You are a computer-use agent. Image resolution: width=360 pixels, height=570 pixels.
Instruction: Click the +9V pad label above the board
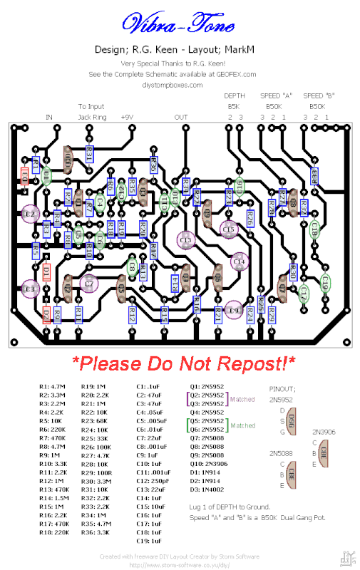click(x=128, y=117)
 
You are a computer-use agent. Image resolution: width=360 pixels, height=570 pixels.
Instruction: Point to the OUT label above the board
click(x=181, y=117)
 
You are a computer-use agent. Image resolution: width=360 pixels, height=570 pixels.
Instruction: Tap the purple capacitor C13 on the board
click(x=186, y=241)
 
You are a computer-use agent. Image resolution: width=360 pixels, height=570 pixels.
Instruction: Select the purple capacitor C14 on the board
click(x=238, y=262)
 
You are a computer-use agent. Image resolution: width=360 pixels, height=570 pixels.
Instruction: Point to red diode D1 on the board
click(x=46, y=271)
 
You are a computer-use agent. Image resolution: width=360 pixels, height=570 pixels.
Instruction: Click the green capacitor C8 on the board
click(x=132, y=266)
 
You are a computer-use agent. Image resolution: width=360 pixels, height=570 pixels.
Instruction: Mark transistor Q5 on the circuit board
click(x=121, y=289)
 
